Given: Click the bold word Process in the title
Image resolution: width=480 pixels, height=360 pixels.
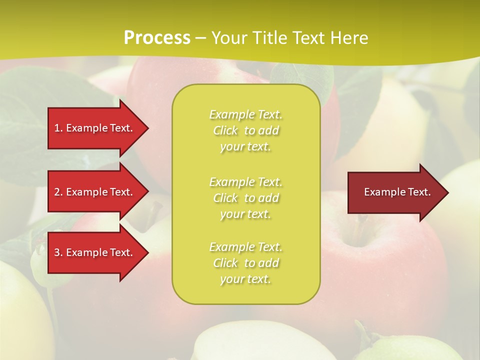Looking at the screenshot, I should (157, 38).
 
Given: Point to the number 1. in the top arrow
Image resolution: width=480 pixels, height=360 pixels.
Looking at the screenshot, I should (58, 128).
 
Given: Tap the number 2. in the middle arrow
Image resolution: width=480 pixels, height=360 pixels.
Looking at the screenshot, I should (58, 192).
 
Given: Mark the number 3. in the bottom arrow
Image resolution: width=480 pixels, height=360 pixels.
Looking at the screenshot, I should (58, 252).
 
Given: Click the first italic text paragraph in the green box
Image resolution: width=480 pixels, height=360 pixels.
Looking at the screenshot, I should (245, 130).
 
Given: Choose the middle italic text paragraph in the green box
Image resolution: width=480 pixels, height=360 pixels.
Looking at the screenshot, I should (245, 198).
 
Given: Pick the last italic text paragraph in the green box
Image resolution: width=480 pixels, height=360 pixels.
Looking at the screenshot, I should (245, 263).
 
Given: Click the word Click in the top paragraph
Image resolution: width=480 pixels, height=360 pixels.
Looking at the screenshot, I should (225, 131).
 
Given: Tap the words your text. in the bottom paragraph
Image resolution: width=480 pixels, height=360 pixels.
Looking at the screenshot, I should (245, 279).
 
